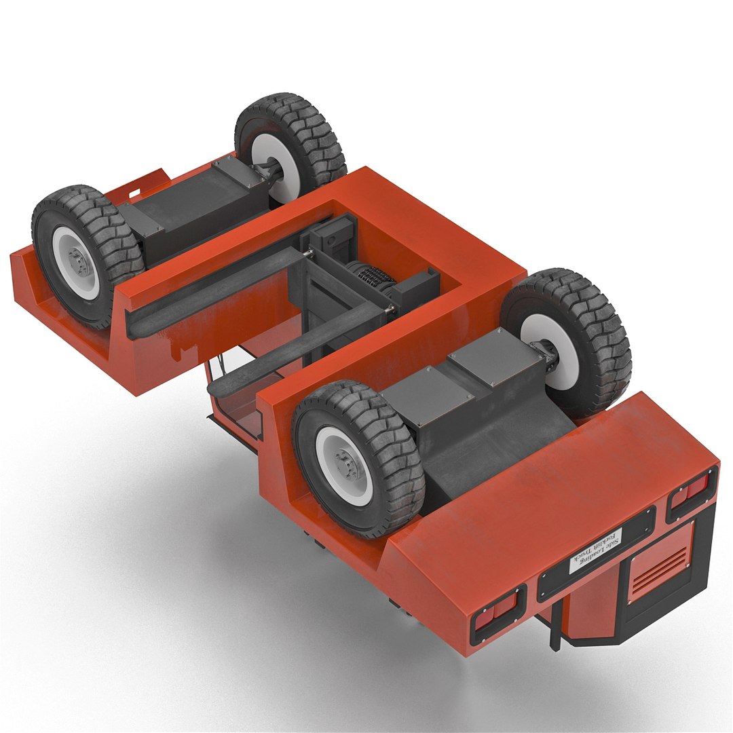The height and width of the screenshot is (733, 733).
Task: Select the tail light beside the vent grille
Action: click(691, 490)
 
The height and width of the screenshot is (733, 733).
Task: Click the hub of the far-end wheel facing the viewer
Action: click(79, 261)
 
